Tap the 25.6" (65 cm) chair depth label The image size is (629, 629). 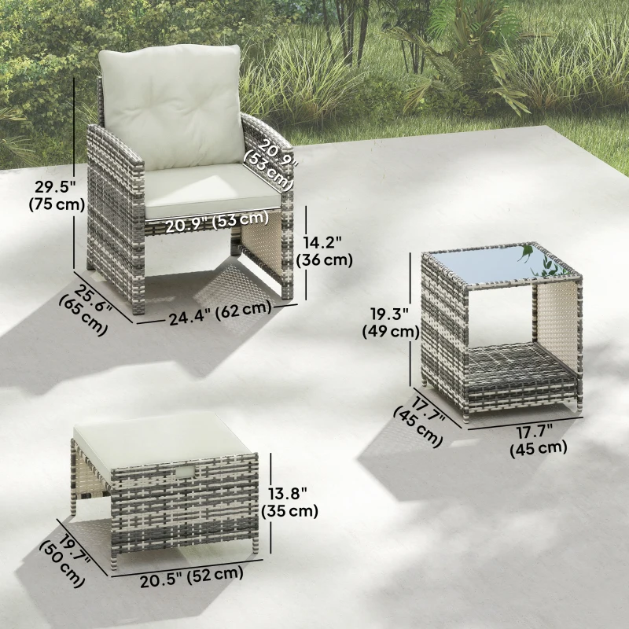[87, 307]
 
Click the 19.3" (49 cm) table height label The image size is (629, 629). [390, 322]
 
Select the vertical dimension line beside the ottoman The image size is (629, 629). [271, 503]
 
